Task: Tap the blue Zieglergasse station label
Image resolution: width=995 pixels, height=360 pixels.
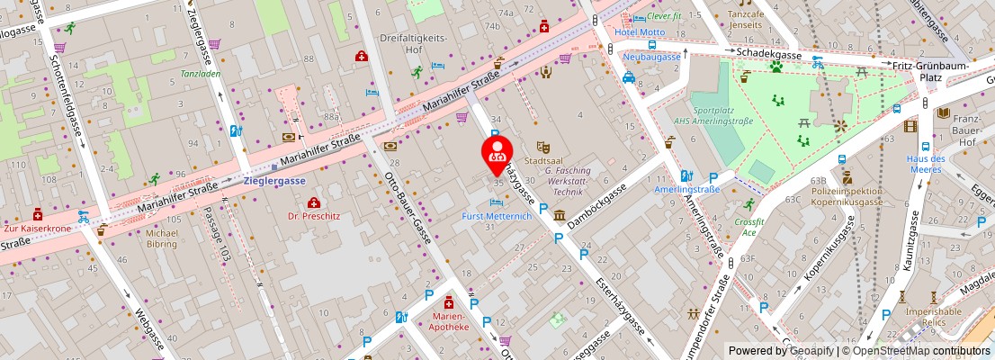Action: (x=274, y=180)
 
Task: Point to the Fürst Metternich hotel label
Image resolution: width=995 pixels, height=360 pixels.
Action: (x=497, y=216)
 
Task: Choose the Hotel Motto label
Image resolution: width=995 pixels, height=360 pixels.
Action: (x=640, y=32)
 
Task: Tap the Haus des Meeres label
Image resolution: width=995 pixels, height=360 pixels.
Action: (x=925, y=165)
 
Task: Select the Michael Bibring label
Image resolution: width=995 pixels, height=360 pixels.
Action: (x=162, y=238)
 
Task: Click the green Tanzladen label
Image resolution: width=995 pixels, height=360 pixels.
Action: (x=200, y=74)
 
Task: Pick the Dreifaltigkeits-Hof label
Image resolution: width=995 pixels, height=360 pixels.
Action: (x=414, y=43)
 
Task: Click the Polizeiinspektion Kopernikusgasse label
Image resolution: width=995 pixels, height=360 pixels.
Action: (x=847, y=197)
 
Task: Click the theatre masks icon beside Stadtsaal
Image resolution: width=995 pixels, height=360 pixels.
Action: (x=542, y=146)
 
